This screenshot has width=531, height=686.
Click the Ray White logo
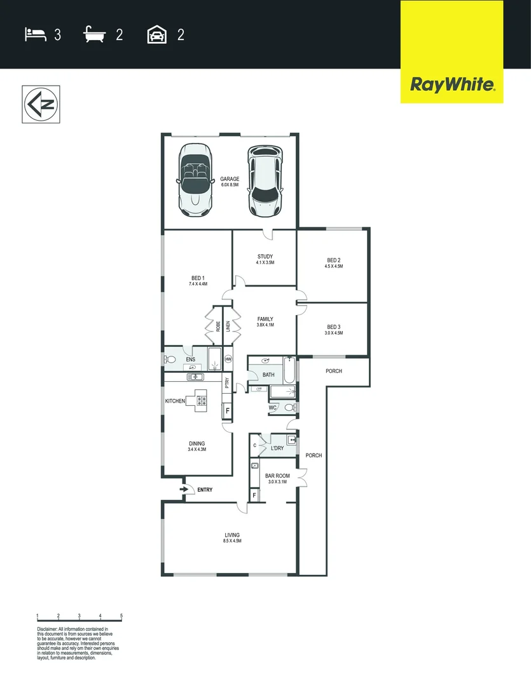pos(452,84)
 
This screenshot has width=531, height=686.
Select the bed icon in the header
pos(36,34)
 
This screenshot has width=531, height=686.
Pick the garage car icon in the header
pos(156,34)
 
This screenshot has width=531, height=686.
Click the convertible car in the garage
pos(195,180)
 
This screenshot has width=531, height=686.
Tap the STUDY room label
pos(265,257)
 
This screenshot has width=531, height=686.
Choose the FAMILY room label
pos(265,319)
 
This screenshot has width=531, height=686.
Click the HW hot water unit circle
pos(228,359)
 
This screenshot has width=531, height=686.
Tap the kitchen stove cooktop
pos(202,400)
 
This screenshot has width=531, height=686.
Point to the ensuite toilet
pos(170,360)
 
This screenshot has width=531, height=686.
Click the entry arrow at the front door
pos(185,490)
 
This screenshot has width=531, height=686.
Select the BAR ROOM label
pos(278,476)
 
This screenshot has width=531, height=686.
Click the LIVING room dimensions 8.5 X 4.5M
pos(231,541)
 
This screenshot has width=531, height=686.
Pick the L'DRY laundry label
pos(277,448)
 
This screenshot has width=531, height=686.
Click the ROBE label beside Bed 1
pos(218,326)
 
